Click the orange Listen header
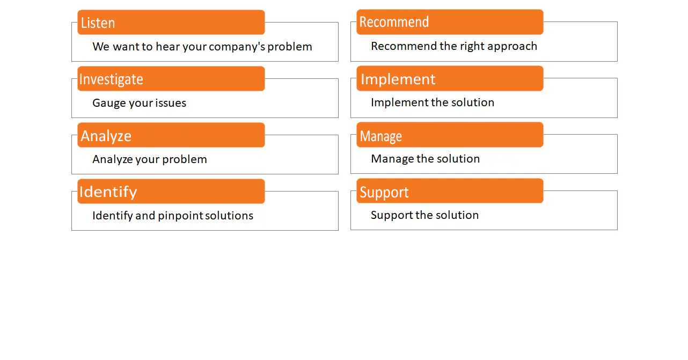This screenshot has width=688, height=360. [x=98, y=23]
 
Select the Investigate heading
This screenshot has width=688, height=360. [x=111, y=79]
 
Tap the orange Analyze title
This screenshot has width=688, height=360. [x=106, y=136]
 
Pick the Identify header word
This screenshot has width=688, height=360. [x=108, y=192]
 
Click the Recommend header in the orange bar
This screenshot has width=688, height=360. [x=394, y=22]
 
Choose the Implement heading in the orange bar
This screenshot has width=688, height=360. [x=398, y=79]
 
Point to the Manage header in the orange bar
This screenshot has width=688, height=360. [x=381, y=136]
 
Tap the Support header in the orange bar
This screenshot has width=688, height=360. [x=384, y=193]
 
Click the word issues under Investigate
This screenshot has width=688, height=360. [x=171, y=103]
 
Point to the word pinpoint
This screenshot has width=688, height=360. [x=181, y=216]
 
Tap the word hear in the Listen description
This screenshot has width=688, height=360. [x=167, y=47]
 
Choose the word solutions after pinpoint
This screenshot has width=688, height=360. [x=229, y=216]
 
